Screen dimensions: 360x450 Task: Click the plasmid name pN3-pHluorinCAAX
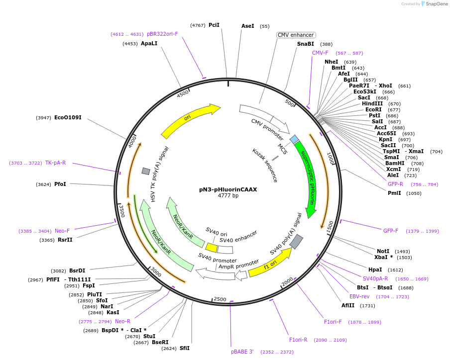(x=228, y=189)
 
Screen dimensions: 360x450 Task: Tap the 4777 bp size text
(x=228, y=195)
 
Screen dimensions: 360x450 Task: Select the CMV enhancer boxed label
(x=296, y=35)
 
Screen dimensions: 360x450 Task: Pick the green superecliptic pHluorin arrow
(x=306, y=179)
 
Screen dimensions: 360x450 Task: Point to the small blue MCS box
(x=294, y=139)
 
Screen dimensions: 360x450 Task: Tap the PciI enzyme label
(x=214, y=25)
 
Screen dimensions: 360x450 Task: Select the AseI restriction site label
(x=247, y=26)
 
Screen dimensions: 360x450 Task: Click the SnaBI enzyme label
(x=306, y=44)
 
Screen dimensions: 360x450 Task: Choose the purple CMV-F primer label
(x=320, y=53)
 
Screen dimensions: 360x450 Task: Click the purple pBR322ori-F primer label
(x=162, y=34)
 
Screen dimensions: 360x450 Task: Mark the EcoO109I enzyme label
(x=68, y=118)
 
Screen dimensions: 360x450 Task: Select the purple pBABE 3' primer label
(x=242, y=352)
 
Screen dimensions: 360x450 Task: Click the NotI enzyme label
(x=383, y=251)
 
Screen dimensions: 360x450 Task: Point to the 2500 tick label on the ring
(x=220, y=299)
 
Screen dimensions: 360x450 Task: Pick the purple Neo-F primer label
(x=62, y=231)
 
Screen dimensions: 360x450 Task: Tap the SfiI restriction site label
(x=184, y=348)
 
